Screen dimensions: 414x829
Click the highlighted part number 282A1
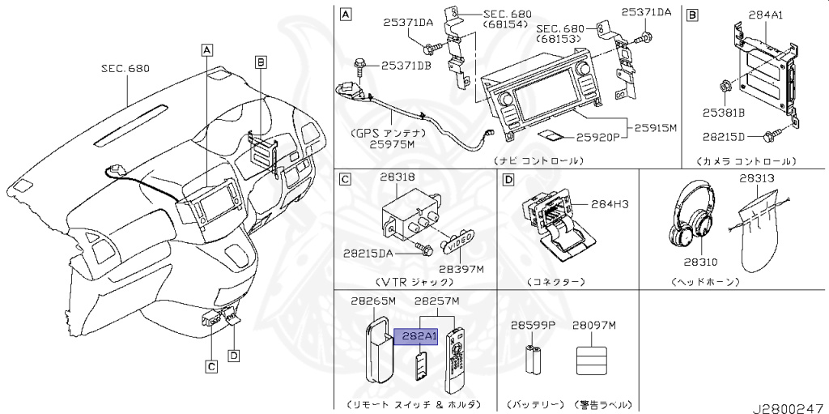pos(415,336)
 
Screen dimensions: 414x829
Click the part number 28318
pos(397,177)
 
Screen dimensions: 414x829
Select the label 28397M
pos(461,267)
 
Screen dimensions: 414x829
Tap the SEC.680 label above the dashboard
pos(125,69)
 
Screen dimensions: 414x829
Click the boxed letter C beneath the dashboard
pos(210,367)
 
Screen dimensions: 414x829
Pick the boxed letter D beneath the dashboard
pos(233,355)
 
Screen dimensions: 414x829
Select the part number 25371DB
pos(406,64)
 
